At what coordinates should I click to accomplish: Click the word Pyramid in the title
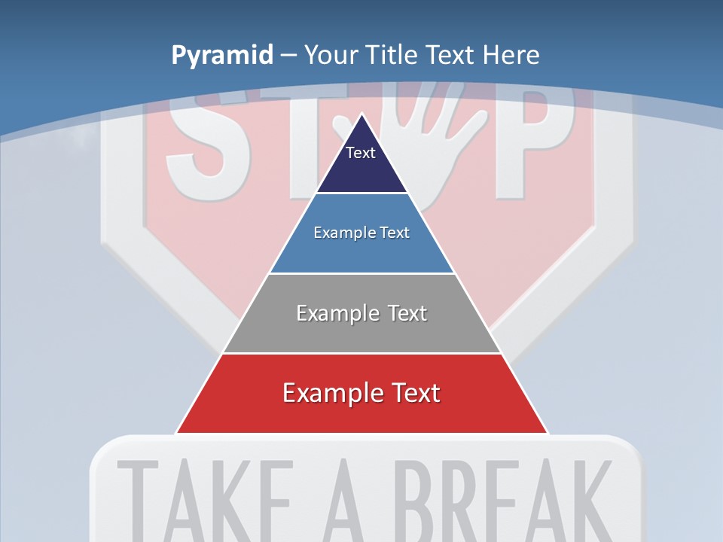tap(222, 55)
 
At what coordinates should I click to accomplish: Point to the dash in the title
tap(288, 56)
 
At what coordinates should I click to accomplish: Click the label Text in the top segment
tap(361, 153)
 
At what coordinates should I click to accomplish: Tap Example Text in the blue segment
tap(361, 233)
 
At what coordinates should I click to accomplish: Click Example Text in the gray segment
tap(361, 313)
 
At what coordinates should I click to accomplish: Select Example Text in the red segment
tap(361, 393)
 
